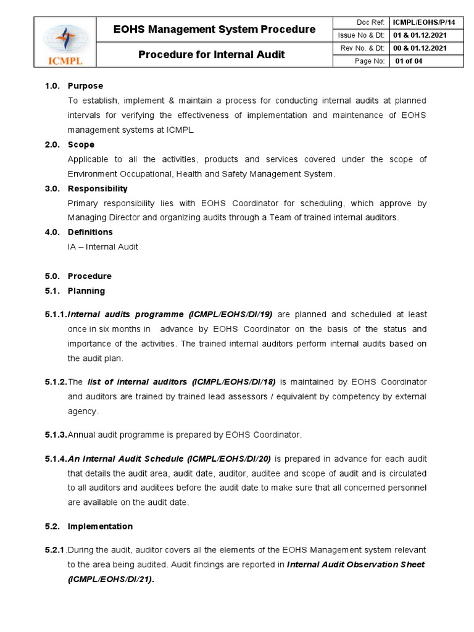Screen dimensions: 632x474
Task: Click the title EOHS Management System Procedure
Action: point(215,29)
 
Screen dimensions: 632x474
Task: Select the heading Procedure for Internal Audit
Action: point(211,54)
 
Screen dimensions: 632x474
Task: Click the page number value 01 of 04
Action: point(409,60)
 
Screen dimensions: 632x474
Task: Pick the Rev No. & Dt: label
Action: point(362,48)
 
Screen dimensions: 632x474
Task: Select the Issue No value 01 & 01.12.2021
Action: point(420,35)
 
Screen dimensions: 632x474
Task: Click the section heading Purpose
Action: point(85,86)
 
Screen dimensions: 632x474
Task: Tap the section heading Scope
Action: point(81,144)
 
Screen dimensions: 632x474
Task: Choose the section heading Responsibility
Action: point(98,188)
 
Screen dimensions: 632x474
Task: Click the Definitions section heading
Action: point(90,232)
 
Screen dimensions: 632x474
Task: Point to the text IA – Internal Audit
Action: point(103,247)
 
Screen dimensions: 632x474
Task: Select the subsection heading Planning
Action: point(86,291)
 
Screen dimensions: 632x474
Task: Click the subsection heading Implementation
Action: point(100,526)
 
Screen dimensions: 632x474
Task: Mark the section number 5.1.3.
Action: point(55,435)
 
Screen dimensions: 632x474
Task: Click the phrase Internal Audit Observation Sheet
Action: point(355,565)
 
